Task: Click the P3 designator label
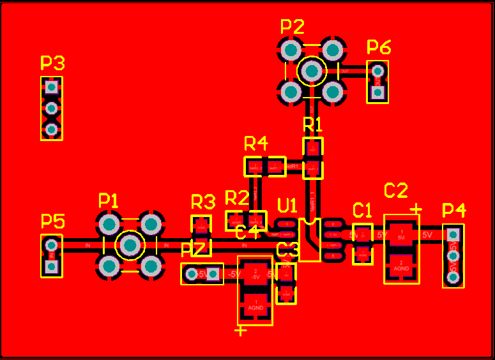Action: [52, 63]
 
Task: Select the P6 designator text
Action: [379, 47]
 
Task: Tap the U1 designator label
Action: [287, 206]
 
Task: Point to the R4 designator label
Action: [255, 142]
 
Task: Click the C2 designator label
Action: [395, 190]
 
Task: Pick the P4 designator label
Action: [454, 210]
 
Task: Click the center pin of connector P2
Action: [312, 71]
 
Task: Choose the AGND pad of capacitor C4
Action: [255, 305]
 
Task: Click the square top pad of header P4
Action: [453, 233]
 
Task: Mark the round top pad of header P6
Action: [377, 70]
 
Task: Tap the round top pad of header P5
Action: [52, 244]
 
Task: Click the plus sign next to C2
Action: [416, 209]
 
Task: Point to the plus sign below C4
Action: [241, 331]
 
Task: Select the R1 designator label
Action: [312, 123]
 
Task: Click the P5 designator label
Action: [52, 221]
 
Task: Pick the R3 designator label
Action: [203, 203]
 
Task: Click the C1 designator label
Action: [362, 210]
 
